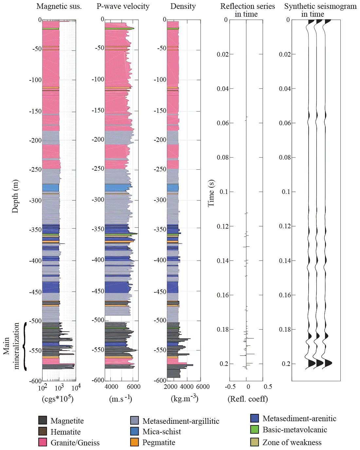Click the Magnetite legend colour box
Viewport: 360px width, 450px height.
(43, 420)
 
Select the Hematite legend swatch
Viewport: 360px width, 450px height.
(43, 431)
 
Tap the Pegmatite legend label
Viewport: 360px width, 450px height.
(159, 442)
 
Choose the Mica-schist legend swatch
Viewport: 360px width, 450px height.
(135, 431)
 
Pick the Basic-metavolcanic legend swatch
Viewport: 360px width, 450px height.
(255, 429)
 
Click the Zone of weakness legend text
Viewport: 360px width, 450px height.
(292, 442)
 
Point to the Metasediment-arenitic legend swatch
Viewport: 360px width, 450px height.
(255, 418)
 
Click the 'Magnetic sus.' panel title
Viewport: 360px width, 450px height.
(59, 6)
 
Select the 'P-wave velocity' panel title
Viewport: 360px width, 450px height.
(123, 6)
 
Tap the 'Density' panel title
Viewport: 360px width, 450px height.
(183, 6)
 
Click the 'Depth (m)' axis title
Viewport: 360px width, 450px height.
(15, 196)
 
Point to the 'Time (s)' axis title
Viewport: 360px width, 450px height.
(211, 193)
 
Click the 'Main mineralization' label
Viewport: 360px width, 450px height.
(11, 346)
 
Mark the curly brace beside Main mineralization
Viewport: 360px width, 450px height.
(25, 346)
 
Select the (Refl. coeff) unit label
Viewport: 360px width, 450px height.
(248, 399)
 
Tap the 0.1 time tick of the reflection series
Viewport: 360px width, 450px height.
(224, 192)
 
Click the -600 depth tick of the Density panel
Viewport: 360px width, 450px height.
(160, 380)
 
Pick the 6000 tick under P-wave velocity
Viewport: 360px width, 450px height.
(134, 387)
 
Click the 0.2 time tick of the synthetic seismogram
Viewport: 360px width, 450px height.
(286, 364)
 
